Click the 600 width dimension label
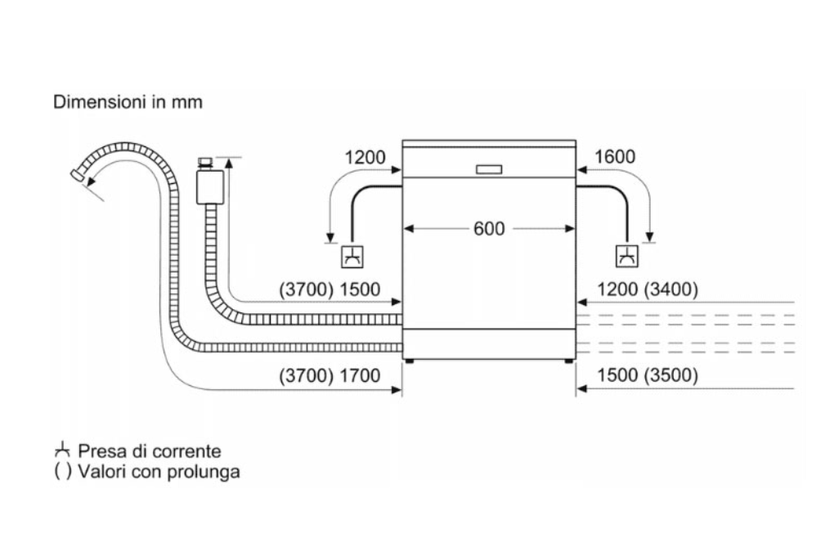[489, 228]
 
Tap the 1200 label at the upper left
[365, 157]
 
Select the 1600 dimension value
[615, 157]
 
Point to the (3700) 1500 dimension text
[330, 289]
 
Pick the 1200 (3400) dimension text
[648, 289]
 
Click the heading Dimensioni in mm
[128, 103]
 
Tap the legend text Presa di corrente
[150, 451]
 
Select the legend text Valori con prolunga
[159, 473]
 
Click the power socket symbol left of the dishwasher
[352, 255]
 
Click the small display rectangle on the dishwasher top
[489, 169]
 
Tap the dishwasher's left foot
[409, 361]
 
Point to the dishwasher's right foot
[569, 361]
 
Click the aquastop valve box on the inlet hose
[211, 186]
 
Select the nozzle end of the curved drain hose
[78, 174]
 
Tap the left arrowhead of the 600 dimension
[409, 229]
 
